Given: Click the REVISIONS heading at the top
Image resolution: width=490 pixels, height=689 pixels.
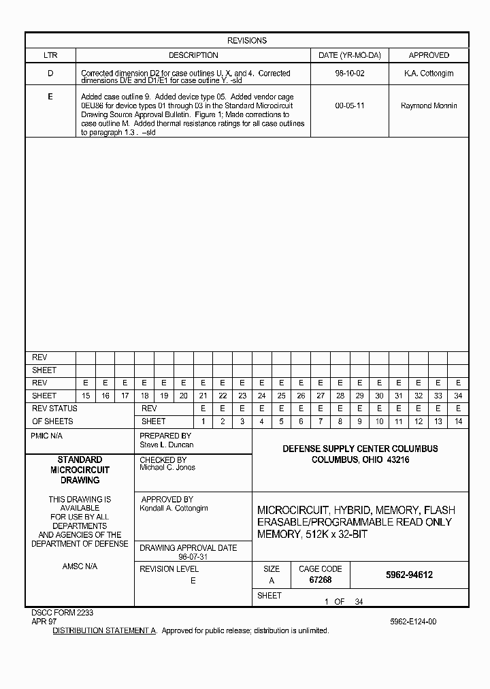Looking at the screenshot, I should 246,41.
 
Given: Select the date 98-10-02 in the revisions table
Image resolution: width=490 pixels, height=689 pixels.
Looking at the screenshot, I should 348,74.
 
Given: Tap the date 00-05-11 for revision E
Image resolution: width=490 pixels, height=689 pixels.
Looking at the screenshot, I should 348,106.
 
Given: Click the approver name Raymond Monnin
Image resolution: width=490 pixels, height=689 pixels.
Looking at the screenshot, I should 429,106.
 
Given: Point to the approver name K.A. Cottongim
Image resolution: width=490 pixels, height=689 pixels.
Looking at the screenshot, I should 429,74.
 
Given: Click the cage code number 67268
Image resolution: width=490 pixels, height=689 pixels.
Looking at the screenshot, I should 320,580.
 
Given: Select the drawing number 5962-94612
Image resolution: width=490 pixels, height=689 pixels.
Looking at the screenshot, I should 409,575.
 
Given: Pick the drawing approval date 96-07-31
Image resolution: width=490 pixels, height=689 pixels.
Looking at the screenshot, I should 193,556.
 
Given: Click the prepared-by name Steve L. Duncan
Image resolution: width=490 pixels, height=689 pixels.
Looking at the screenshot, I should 167,445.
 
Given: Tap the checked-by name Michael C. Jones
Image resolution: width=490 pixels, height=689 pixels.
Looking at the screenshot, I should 167,468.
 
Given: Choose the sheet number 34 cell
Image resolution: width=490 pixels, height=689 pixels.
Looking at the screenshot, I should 458,396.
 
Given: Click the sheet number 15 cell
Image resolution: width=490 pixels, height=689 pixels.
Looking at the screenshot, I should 85,396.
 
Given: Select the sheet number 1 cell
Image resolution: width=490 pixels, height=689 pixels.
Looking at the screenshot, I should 202,421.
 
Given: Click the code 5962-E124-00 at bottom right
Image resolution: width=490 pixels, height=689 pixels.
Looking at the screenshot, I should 413,622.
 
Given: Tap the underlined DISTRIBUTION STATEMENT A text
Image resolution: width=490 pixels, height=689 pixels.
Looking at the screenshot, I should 105,631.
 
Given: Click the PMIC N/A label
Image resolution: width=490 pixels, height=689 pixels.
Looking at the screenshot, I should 47,436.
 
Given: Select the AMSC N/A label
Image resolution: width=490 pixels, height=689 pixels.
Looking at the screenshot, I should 80,566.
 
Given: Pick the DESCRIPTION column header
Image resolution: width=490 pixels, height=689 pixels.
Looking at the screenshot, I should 193,55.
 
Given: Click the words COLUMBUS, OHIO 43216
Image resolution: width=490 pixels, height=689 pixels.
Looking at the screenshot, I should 360,460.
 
